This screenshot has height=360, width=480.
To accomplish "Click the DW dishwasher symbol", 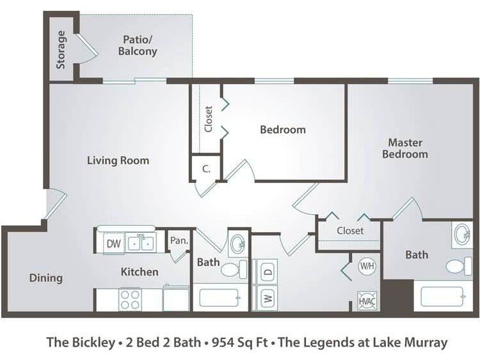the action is (114, 244).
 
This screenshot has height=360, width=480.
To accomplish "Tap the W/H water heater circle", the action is (367, 265).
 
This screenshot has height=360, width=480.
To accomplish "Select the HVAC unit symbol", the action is (367, 301).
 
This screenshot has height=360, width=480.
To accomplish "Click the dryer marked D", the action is (264, 272).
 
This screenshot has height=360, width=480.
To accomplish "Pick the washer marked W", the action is (264, 297).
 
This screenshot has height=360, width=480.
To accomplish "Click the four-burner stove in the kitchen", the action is (130, 300).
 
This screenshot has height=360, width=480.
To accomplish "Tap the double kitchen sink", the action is (141, 244).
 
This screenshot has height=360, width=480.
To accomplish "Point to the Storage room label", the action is (61, 49).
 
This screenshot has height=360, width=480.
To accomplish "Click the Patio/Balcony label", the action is (138, 45).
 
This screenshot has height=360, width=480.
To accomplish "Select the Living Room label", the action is (118, 160).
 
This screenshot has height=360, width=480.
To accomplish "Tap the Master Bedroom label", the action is (405, 148).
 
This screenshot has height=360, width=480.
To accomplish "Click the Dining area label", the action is (46, 278).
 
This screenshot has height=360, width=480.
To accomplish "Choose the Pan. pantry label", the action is (179, 240).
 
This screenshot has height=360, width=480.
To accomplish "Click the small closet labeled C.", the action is (206, 169).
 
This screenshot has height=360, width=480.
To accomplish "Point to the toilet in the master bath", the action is (459, 266).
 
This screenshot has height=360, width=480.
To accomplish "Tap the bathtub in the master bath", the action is (442, 296).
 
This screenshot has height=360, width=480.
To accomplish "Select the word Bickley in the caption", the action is (93, 343).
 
